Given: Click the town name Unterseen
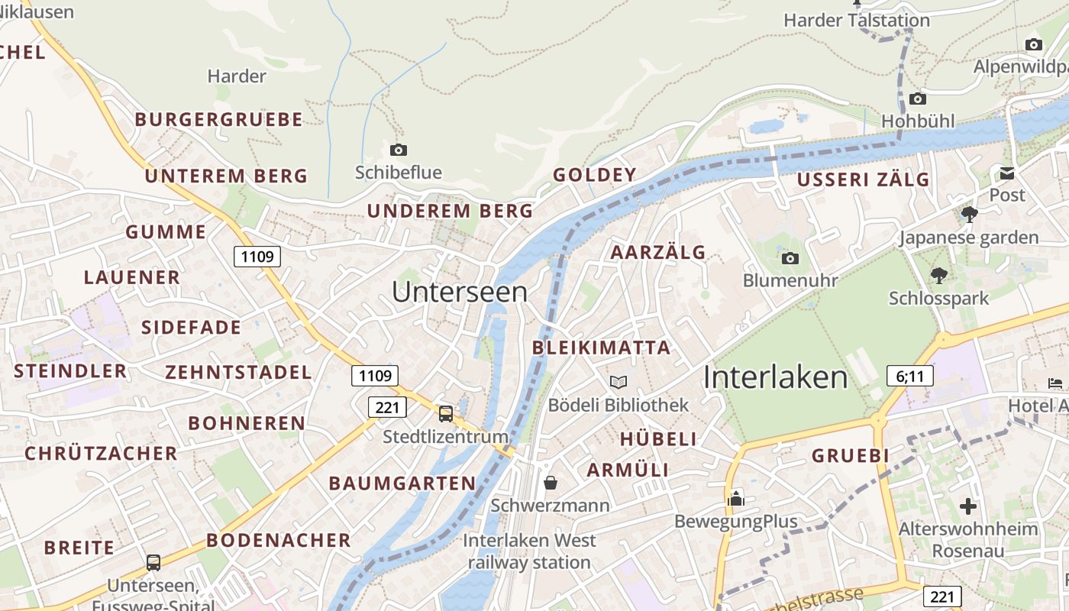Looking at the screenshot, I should [x=460, y=292].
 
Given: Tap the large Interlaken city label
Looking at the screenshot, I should [x=775, y=377].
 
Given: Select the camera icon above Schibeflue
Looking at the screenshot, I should [x=398, y=150].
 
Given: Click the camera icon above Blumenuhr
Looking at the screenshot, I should [x=790, y=258].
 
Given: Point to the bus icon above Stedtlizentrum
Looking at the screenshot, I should [x=446, y=414].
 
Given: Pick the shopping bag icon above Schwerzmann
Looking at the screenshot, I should [x=550, y=483].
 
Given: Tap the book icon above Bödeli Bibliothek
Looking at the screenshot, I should [x=618, y=382].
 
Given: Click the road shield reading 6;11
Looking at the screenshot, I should [x=910, y=376].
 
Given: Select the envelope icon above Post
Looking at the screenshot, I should [x=1007, y=173].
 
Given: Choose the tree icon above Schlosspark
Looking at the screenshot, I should [x=938, y=276].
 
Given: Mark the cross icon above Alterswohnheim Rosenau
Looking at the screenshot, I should [x=968, y=506].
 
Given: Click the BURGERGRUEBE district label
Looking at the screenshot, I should [x=219, y=120].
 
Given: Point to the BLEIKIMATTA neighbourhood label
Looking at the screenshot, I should [x=601, y=348].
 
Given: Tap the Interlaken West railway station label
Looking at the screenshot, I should [x=529, y=551].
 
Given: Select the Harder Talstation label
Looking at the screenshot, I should [x=857, y=21].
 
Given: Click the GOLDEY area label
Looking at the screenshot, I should [x=595, y=175].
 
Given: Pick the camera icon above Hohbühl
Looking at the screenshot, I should [x=918, y=99].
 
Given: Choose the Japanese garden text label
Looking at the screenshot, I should [x=968, y=238].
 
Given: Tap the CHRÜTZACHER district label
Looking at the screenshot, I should [x=101, y=454].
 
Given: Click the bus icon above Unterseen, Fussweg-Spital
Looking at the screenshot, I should [x=153, y=563].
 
